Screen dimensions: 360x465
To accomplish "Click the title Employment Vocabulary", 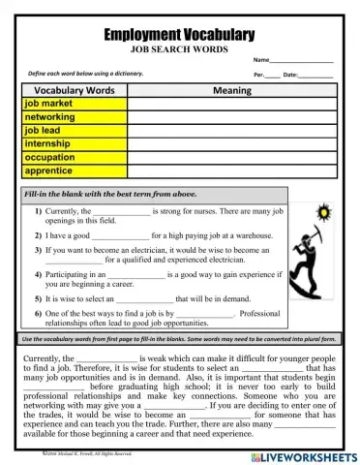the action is coord(179,34).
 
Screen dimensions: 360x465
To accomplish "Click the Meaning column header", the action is coord(231,90).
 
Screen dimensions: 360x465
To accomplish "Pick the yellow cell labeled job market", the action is coord(74,103).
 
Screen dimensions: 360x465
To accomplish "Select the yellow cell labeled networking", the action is coord(74,116).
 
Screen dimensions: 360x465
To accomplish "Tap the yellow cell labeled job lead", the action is coord(74,130).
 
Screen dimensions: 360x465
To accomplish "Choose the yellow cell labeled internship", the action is coord(74,143).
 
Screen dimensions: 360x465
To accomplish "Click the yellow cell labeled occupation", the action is coord(74,157).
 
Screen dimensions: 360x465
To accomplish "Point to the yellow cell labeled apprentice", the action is coord(74,170).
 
